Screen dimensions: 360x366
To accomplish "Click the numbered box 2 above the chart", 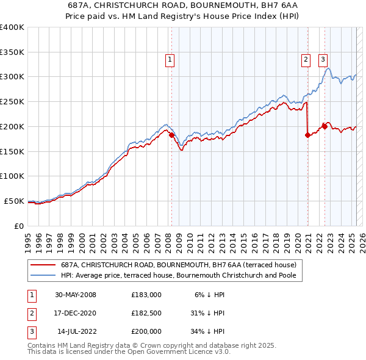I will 305,59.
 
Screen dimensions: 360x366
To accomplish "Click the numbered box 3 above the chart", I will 322,59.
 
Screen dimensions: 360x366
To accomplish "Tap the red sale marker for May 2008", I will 171,135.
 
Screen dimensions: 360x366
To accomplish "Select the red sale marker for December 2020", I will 307,135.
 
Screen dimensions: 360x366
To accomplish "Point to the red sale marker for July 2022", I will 325,126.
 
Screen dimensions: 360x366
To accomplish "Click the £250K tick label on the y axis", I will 12,102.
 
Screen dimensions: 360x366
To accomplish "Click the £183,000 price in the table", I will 146,295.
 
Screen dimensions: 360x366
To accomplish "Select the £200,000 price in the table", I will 146,331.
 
